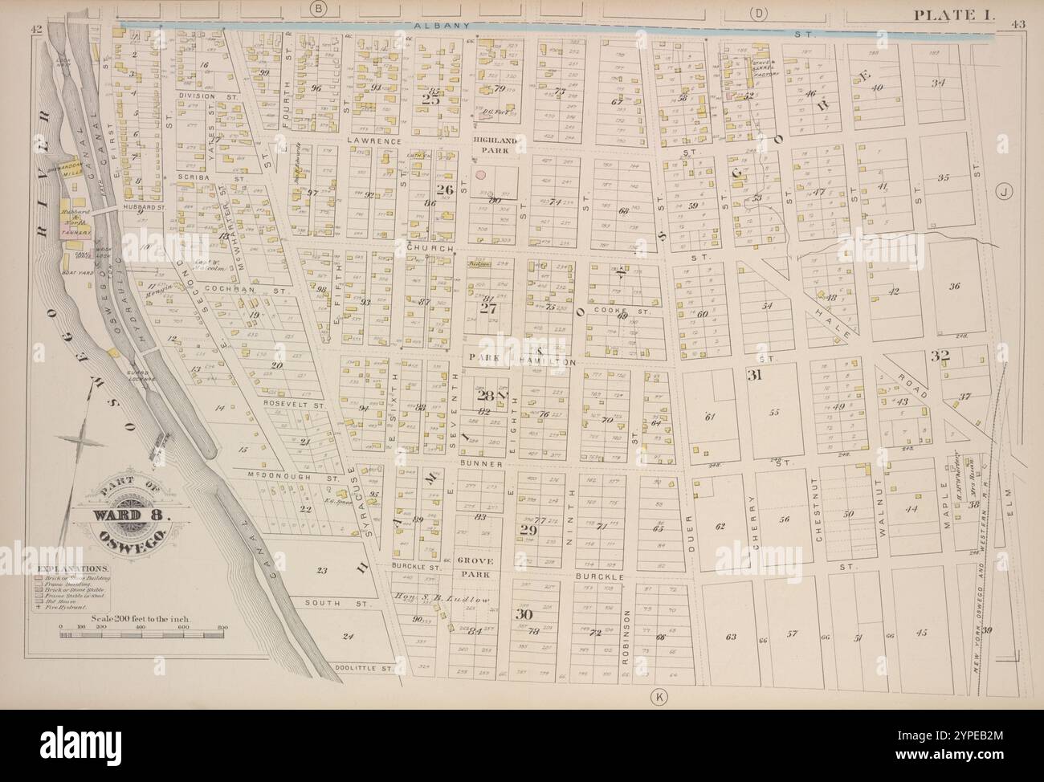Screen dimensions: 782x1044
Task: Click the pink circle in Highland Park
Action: coord(480,173)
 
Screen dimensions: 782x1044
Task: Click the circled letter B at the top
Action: coord(319,9)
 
